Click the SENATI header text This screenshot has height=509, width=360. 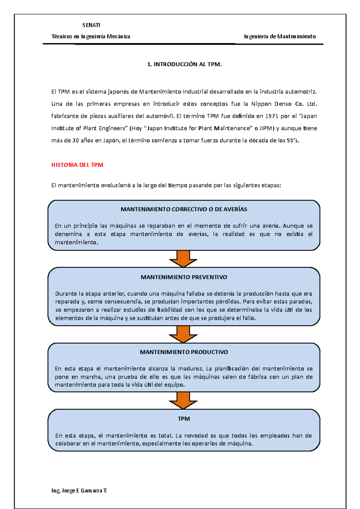pos(91,25)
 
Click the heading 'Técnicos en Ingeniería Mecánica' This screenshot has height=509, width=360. pos(91,37)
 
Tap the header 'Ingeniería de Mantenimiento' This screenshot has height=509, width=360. pos(280,37)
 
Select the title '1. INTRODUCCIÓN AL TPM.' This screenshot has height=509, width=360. pos(184,64)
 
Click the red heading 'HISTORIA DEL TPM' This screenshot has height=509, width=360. pos(77,165)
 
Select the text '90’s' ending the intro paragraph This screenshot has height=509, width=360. pos(292,141)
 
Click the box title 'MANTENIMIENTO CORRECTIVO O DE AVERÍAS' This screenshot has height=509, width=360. pos(184,209)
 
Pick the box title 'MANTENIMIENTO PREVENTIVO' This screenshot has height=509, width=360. pos(184,277)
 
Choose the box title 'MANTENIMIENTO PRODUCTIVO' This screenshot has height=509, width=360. pos(184,352)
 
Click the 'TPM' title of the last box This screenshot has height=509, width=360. pos(184,419)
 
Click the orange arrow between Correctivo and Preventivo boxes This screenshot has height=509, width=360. pos(183,259)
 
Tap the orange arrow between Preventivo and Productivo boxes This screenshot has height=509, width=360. pos(183,334)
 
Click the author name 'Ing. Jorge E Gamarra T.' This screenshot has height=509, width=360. pos(79,491)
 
